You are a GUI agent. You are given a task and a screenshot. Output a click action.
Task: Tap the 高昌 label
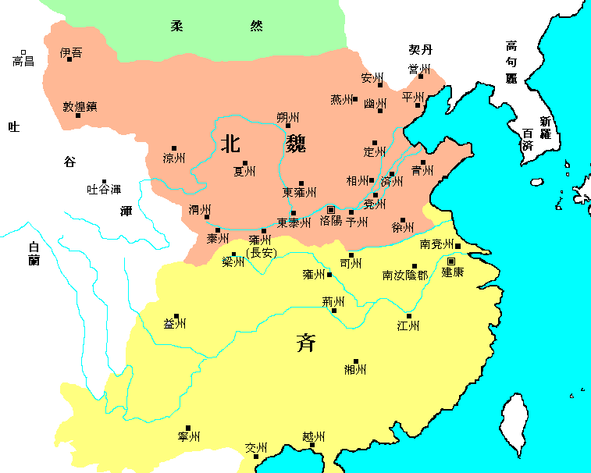23,60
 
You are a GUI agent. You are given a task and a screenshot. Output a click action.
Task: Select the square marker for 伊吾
69,59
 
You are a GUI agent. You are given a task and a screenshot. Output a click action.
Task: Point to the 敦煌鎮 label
80,106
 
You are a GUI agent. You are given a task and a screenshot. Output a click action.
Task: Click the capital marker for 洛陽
331,209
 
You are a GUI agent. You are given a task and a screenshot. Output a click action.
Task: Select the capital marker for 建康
451,261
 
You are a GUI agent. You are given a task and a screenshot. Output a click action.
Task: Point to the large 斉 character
305,342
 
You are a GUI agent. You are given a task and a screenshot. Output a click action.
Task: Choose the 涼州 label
174,158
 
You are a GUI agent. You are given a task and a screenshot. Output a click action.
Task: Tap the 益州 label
175,324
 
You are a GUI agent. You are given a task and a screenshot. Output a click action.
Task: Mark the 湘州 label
355,369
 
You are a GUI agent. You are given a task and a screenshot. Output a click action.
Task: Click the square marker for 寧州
188,428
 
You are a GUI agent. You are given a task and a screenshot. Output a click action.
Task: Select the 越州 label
312,437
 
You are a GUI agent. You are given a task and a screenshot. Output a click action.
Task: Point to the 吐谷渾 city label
104,189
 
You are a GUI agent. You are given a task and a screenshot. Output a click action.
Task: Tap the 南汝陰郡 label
405,276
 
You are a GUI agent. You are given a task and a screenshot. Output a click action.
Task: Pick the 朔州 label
288,117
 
